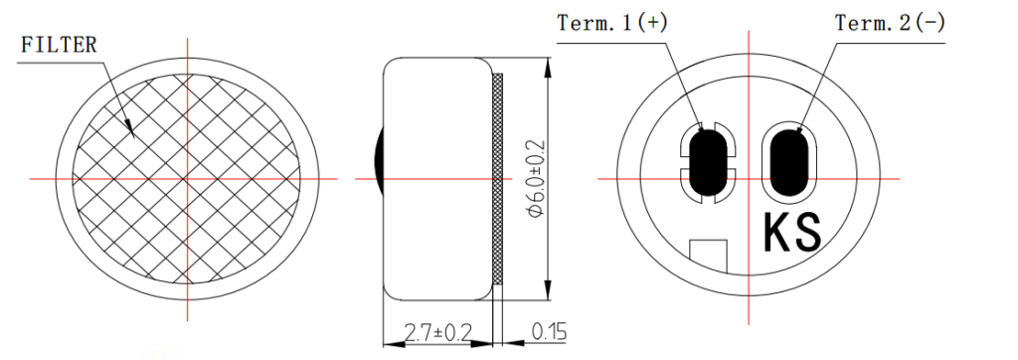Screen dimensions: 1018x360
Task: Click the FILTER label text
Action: [59, 45]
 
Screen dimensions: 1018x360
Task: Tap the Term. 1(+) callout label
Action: [612, 23]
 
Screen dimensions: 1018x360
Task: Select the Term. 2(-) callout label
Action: [890, 23]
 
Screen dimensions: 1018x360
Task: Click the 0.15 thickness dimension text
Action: [549, 332]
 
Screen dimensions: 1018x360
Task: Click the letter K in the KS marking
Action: [777, 233]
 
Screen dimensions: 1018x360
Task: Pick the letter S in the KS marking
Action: [808, 233]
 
